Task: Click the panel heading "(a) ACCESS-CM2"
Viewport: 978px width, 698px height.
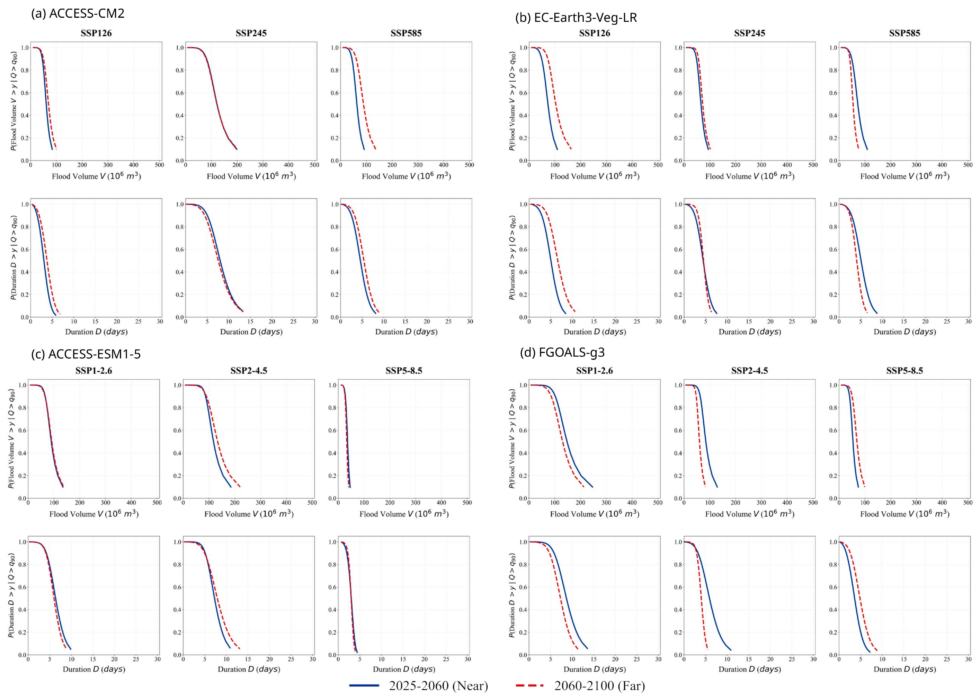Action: coord(78,13)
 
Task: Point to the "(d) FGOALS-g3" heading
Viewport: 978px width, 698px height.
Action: coord(562,353)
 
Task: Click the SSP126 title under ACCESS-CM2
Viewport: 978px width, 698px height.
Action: coord(96,33)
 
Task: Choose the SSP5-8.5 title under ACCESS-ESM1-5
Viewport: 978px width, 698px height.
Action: coord(404,371)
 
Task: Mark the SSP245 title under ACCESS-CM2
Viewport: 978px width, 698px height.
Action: coord(251,33)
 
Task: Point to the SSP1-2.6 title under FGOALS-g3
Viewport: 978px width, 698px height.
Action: coord(594,371)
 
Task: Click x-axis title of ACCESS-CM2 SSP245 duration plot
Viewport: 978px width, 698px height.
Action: coord(251,332)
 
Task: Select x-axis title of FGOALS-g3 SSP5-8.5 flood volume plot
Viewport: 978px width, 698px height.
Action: coord(904,514)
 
